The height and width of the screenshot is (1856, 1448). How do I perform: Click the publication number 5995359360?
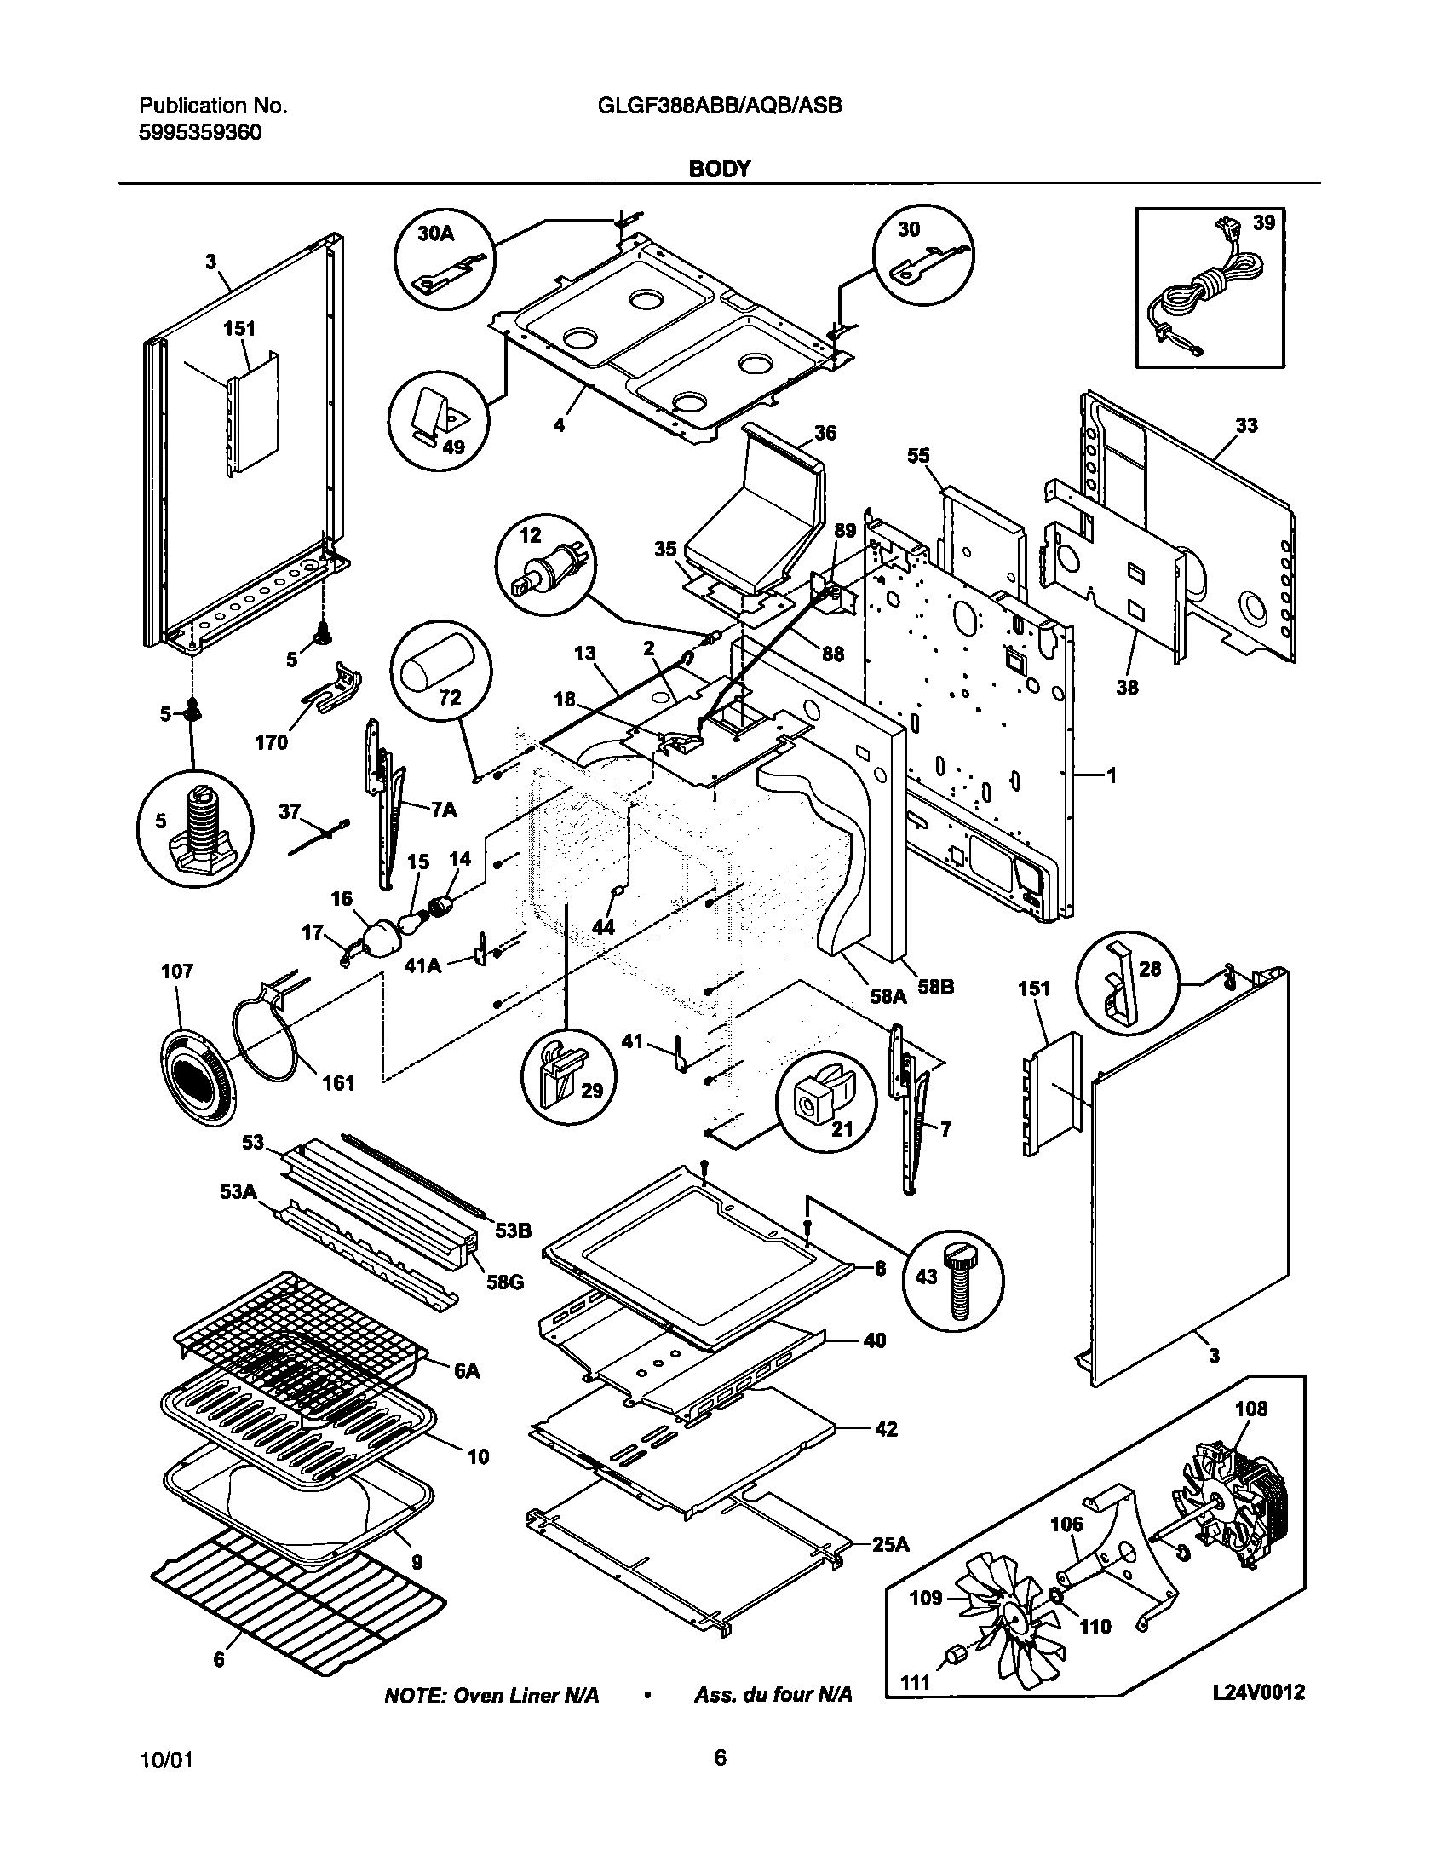200,132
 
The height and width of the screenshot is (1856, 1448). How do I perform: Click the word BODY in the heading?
719,169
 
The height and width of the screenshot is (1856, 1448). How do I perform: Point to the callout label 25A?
891,1543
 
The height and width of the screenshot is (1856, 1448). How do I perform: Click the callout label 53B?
513,1230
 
